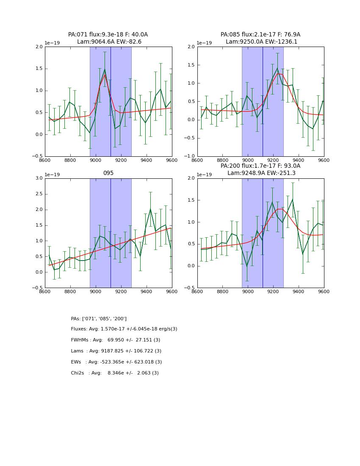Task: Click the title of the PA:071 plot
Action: pyautogui.click(x=108, y=38)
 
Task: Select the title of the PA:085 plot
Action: pyautogui.click(x=260, y=38)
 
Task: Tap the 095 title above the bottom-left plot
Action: pyautogui.click(x=108, y=173)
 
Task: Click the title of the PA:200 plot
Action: pyautogui.click(x=260, y=169)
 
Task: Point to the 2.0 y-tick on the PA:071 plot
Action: pyautogui.click(x=39, y=47)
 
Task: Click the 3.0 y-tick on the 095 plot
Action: pyautogui.click(x=39, y=178)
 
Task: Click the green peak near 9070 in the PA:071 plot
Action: pyautogui.click(x=105, y=69)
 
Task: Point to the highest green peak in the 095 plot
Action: pyautogui.click(x=150, y=209)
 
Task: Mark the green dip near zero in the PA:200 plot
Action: pyautogui.click(x=247, y=266)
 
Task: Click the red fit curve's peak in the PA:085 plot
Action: pyautogui.click(x=278, y=74)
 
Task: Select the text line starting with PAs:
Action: pyautogui.click(x=99, y=319)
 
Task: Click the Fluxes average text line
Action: pyautogui.click(x=124, y=329)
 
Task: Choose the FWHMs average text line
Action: pyautogui.click(x=116, y=340)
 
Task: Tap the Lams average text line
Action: pyautogui.click(x=116, y=351)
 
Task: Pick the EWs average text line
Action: pyautogui.click(x=116, y=362)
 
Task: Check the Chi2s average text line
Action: pyautogui.click(x=115, y=373)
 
